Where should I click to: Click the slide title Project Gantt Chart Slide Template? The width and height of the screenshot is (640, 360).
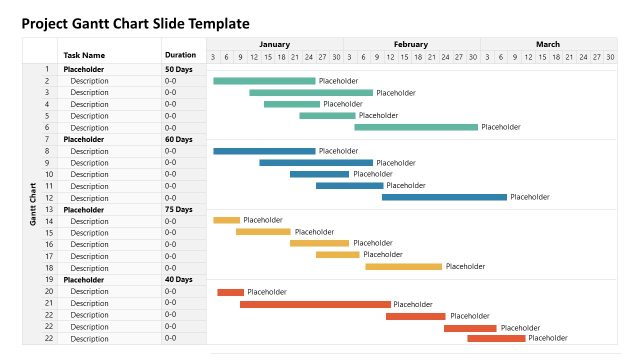pyautogui.click(x=136, y=23)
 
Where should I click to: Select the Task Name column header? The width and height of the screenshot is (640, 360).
pyautogui.click(x=84, y=56)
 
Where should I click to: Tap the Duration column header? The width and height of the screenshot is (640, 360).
pyautogui.click(x=180, y=56)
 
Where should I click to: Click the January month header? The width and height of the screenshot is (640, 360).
pyautogui.click(x=274, y=45)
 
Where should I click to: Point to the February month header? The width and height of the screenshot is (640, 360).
pyautogui.click(x=411, y=45)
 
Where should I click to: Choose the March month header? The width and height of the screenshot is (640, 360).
pyautogui.click(x=548, y=45)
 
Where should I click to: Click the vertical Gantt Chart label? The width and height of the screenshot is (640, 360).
pyautogui.click(x=33, y=204)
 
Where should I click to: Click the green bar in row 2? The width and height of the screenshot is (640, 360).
pyautogui.click(x=264, y=81)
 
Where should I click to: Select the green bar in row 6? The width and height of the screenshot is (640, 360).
pyautogui.click(x=416, y=127)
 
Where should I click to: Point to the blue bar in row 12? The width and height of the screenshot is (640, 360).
pyautogui.click(x=444, y=197)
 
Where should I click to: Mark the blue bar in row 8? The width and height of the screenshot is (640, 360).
pyautogui.click(x=264, y=151)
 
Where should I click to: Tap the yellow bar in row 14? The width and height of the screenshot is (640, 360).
pyautogui.click(x=226, y=220)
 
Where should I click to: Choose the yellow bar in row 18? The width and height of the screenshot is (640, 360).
pyautogui.click(x=403, y=266)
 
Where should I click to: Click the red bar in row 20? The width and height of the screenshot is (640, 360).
pyautogui.click(x=230, y=292)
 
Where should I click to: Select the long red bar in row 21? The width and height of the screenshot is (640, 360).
pyautogui.click(x=315, y=304)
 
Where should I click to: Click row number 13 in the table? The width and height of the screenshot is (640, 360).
pyautogui.click(x=46, y=209)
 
